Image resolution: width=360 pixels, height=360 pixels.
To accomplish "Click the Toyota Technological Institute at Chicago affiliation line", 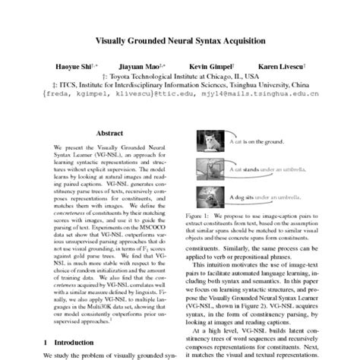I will (x=179, y=76).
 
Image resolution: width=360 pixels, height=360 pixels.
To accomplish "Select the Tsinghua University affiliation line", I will (x=179, y=85).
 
